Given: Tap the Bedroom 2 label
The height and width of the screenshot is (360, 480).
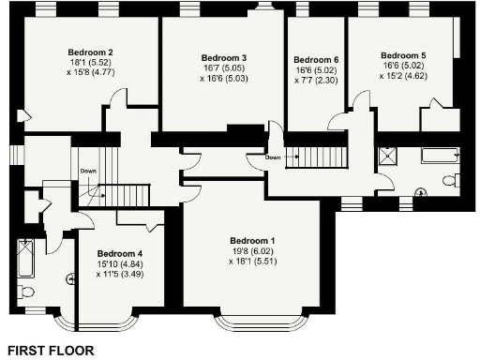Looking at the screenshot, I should tap(91, 52).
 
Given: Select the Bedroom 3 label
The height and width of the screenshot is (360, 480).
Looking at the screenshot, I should tap(224, 58).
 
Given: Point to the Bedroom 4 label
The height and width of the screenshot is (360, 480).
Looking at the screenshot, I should tap(119, 254).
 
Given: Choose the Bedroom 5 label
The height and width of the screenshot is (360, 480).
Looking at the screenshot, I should tap(403, 56).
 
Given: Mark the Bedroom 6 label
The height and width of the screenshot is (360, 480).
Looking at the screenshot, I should tap(316, 60).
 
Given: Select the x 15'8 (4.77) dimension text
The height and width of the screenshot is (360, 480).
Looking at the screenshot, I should tap(91, 71).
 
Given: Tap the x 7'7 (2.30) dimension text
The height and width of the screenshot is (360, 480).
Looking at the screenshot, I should tap(316, 81).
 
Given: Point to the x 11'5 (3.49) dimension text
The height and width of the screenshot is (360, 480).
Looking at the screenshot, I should tap(119, 274).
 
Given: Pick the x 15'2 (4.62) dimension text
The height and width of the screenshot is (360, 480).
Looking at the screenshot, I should tap(403, 76).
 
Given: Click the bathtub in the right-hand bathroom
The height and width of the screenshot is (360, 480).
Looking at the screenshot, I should tap(437, 155).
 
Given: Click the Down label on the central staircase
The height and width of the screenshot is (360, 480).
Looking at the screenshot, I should tap(273, 157).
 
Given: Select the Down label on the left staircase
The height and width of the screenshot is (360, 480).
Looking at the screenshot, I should tap(88, 172).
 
